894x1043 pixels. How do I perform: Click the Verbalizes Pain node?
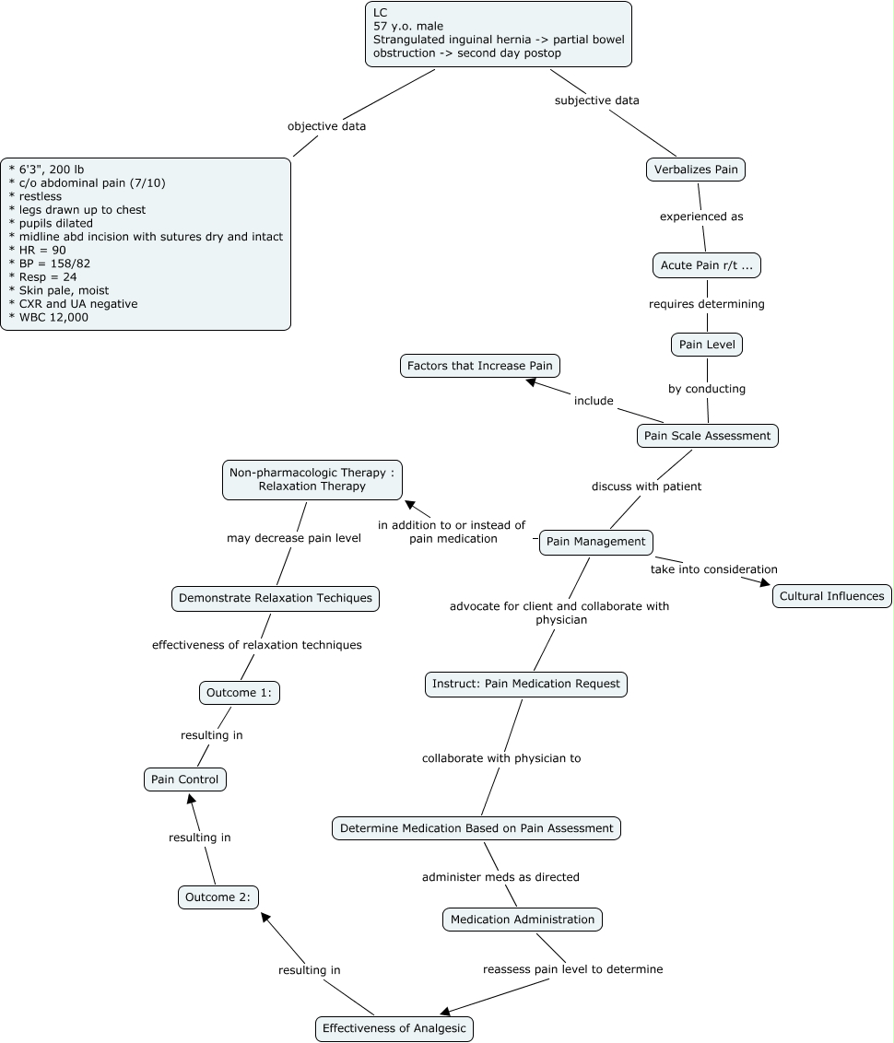click(696, 170)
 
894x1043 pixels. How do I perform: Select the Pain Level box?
click(707, 345)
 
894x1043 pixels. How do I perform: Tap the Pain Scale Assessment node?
click(707, 436)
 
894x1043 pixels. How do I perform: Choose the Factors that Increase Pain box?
click(480, 366)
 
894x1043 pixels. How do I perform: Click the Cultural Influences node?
click(831, 596)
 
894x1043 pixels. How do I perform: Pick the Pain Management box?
click(595, 542)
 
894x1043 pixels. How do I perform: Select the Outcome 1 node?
click(239, 693)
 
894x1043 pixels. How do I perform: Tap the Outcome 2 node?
click(218, 897)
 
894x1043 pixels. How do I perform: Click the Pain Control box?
click(185, 779)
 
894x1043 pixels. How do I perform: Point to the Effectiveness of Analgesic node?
click(394, 1028)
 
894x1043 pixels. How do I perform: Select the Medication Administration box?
click(522, 919)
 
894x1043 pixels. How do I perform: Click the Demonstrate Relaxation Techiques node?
click(276, 598)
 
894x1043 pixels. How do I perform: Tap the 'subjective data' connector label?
click(596, 100)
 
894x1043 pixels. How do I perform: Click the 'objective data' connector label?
click(326, 126)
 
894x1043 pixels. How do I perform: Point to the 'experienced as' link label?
click(701, 217)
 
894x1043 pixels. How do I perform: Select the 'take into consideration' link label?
click(713, 569)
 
